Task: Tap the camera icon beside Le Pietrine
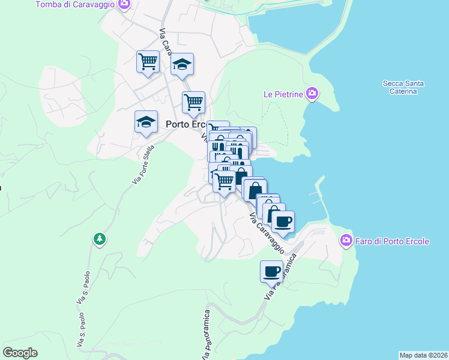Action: point(312,94)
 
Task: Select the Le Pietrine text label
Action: point(283,94)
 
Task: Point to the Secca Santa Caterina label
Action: point(403,87)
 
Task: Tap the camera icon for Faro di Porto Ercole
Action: point(346,241)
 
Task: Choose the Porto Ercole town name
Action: point(186,124)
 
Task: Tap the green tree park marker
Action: point(100,239)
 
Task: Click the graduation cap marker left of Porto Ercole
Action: point(146,122)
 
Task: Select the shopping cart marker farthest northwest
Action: point(148,61)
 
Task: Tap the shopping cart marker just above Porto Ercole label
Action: point(193,102)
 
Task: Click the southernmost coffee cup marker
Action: point(271,271)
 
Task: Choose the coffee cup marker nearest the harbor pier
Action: point(283,221)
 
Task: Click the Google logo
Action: point(20,353)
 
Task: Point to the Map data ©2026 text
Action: point(423,355)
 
